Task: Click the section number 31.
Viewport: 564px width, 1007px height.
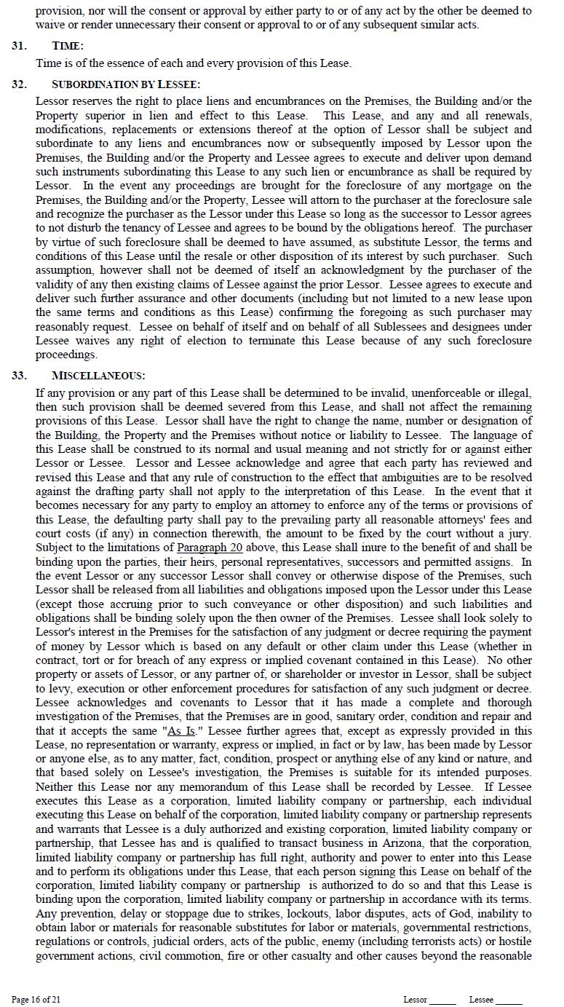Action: coord(19,46)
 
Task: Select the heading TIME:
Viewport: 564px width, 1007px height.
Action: coord(68,46)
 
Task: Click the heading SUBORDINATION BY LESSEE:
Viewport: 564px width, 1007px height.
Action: coord(126,84)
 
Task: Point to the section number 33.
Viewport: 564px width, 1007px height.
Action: coord(19,376)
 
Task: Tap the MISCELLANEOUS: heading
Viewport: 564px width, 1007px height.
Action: coord(98,376)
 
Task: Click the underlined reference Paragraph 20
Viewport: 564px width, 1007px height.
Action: coord(210,548)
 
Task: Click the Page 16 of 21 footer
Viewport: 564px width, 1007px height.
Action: coord(36,1000)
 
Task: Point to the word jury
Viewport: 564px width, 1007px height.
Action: coord(520,534)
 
